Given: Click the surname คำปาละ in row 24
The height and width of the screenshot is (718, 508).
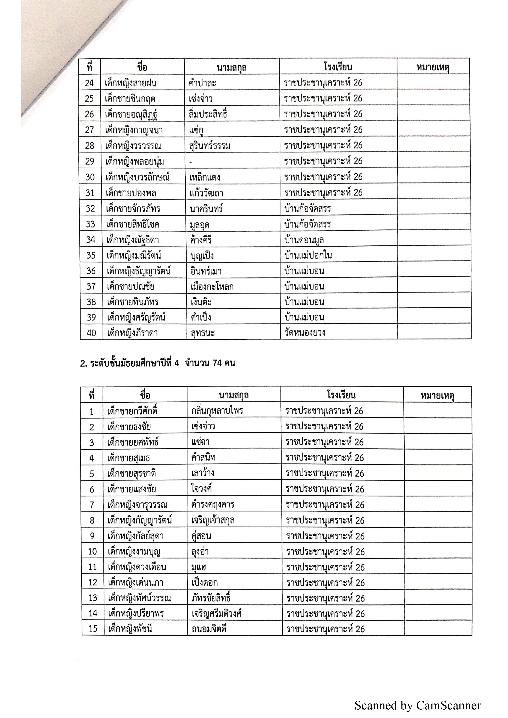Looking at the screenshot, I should (203, 83).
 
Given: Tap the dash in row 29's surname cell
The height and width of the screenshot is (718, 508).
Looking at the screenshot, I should (191, 162).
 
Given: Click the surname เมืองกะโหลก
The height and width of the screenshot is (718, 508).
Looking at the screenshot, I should (212, 286).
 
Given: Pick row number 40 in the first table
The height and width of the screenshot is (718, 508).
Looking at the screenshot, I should (91, 333).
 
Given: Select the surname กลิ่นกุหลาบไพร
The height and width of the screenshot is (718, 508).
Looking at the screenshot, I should (217, 411).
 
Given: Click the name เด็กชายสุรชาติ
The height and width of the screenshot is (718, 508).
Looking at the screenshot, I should (132, 473).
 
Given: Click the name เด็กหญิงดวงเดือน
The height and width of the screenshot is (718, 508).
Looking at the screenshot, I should (137, 567).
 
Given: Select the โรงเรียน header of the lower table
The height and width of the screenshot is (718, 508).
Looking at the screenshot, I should (341, 395).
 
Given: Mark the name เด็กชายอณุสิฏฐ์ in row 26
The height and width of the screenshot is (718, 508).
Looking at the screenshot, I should (131, 114).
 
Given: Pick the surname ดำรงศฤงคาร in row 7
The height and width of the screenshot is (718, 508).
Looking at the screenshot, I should (213, 504).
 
